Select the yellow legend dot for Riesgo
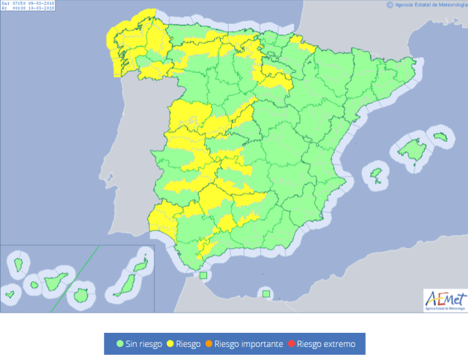172,344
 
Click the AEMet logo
444,300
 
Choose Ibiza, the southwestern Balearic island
375,174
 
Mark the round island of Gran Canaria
81,296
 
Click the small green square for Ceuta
203,276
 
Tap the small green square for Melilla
265,294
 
